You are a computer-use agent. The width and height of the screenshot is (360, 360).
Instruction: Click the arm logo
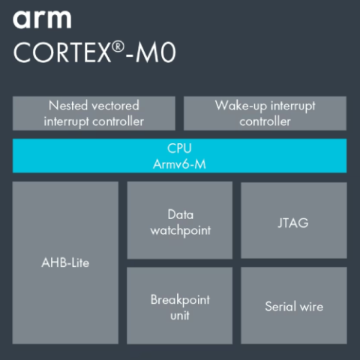coord(42,19)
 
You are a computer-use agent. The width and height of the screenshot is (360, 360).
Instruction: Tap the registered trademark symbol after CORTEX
coord(118,47)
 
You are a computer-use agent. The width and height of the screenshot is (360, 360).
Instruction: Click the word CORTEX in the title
coord(62,52)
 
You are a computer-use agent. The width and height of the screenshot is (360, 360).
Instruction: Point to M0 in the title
coord(155,53)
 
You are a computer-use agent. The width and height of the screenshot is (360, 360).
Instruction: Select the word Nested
coord(68,106)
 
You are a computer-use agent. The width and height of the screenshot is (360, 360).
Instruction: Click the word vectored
coord(115,106)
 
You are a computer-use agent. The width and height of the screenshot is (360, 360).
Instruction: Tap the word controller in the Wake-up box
coord(265,121)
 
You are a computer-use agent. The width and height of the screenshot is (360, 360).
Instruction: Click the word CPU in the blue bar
coord(179,148)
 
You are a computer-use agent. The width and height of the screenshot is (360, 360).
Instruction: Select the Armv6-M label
coord(179,164)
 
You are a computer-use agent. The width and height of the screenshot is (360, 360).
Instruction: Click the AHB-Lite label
coord(65,262)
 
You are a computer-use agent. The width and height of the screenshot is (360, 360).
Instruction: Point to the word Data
coord(181,214)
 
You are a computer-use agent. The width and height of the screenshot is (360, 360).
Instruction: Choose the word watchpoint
coord(181,231)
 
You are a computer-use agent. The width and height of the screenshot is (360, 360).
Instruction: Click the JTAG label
coord(293,223)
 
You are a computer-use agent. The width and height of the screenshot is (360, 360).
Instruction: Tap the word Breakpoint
coord(180,300)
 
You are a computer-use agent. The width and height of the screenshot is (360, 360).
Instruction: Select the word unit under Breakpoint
coord(180,316)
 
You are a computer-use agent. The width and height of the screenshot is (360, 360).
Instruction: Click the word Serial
coord(280,307)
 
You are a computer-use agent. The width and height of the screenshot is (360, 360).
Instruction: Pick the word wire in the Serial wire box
coord(311,307)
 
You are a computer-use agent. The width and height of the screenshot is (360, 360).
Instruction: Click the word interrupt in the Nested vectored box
coord(67,122)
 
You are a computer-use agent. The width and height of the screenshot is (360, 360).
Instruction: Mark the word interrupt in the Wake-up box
coord(293,106)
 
